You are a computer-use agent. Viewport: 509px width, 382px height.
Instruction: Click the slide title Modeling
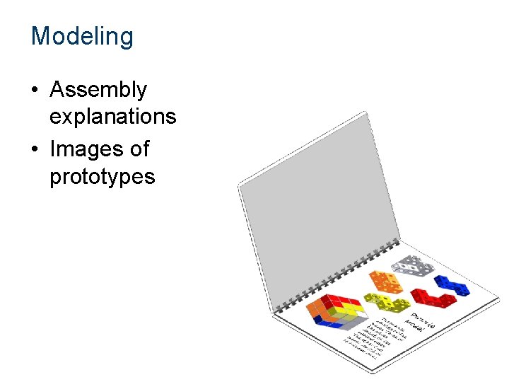pyautogui.click(x=82, y=36)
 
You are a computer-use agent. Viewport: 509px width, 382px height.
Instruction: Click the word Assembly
pyautogui.click(x=98, y=90)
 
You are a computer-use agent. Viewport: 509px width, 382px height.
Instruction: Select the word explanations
pyautogui.click(x=112, y=116)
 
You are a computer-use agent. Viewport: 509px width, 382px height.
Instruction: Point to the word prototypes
pyautogui.click(x=102, y=175)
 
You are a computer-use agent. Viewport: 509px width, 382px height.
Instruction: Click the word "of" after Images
pyautogui.click(x=139, y=149)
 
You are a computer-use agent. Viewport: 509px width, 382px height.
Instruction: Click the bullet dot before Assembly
pyautogui.click(x=35, y=91)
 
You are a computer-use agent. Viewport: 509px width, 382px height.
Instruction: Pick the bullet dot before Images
pyautogui.click(x=35, y=150)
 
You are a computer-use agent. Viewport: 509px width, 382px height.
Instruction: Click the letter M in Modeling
pyautogui.click(x=41, y=36)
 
